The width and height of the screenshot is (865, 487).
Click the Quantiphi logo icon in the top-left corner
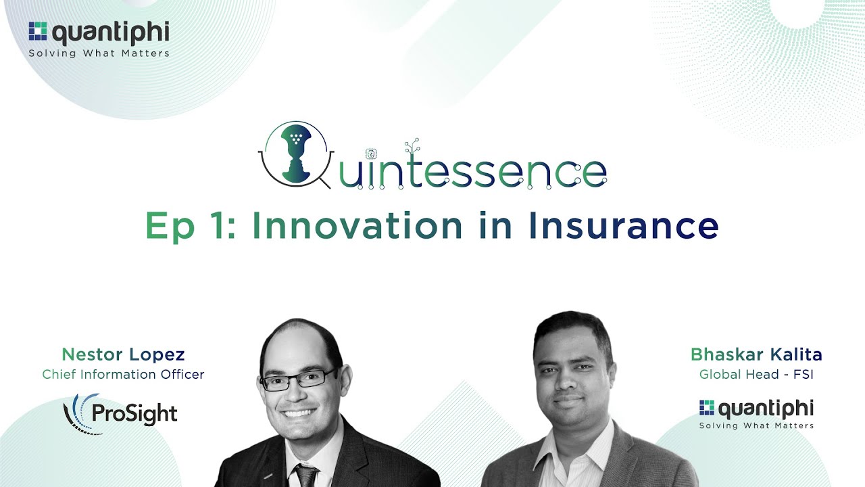pos(38,32)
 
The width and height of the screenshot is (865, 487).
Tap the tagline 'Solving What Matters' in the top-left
pos(99,53)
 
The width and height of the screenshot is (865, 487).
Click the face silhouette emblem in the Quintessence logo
pos(293,153)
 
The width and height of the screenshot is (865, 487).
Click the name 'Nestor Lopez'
pos(123,354)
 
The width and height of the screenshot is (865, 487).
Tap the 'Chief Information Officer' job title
pos(123,374)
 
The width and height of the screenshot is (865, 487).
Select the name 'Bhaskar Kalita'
pos(756,354)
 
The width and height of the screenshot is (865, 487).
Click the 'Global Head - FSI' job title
pos(756,374)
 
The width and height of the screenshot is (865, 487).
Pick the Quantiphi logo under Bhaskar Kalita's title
pos(756,413)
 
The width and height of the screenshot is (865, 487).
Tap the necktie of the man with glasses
pos(306,476)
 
